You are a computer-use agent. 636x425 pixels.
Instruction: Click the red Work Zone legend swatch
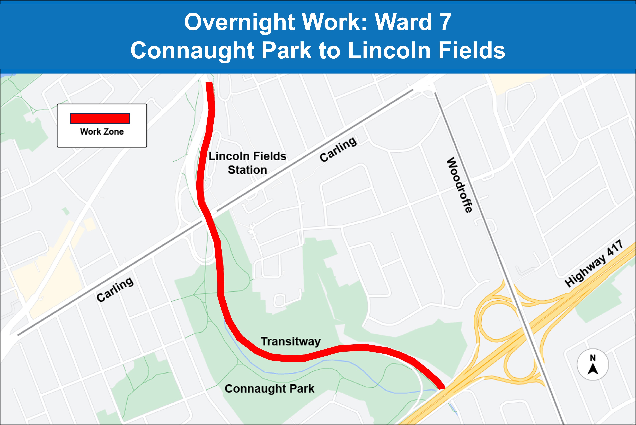tap(100, 118)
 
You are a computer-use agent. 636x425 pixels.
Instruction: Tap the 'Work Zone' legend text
tap(102, 132)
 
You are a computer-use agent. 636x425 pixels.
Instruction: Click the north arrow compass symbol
tap(593, 365)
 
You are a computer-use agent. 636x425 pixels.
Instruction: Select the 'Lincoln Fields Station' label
tap(247, 163)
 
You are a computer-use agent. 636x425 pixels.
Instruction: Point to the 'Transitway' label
tap(290, 341)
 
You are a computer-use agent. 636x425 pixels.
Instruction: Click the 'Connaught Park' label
tap(269, 389)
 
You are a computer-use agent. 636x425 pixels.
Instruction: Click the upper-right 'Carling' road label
tap(338, 149)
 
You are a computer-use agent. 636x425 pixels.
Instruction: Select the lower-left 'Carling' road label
tap(115, 289)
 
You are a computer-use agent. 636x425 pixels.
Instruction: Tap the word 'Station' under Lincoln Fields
tap(247, 170)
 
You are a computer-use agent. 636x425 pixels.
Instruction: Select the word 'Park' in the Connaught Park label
tap(302, 389)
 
